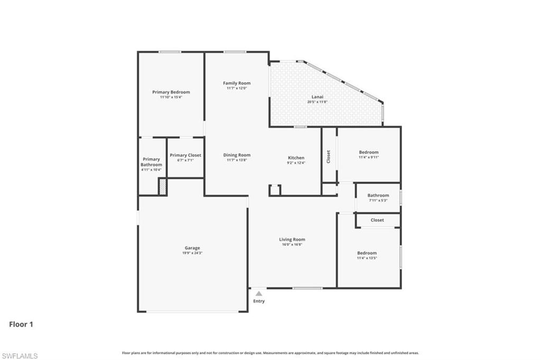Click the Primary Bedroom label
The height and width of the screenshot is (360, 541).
click(171, 92)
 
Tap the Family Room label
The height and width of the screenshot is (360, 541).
click(236, 83)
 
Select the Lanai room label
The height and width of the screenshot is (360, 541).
click(317, 97)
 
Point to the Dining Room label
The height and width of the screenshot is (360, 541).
click(236, 155)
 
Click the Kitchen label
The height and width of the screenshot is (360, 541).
click(296, 158)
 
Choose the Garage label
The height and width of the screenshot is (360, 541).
click(192, 248)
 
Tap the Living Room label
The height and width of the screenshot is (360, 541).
click(292, 239)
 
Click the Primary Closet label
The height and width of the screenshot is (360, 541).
click(185, 155)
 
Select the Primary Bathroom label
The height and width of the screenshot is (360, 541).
click(151, 162)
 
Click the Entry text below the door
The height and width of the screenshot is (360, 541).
click(258, 301)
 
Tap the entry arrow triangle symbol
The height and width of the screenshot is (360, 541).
click(258, 293)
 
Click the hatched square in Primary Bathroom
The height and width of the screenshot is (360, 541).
click(163, 187)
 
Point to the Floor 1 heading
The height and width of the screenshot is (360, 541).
click(21, 324)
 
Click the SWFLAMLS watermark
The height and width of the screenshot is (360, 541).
click(20, 356)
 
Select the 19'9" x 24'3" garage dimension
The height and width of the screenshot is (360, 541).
click(192, 253)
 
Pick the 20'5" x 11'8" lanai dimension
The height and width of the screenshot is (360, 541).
click(317, 101)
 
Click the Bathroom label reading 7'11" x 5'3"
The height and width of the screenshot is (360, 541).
click(378, 195)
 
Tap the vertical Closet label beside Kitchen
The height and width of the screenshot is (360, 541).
click(329, 156)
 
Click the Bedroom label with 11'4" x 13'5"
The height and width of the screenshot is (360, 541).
click(367, 253)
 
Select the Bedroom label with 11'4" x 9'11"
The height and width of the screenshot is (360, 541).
click(368, 152)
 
